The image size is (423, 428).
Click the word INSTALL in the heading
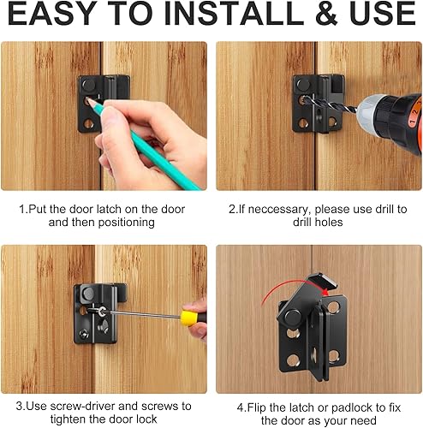tap(235, 13)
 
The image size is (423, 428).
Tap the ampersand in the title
tap(326, 13)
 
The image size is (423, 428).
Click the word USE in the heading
tap(382, 13)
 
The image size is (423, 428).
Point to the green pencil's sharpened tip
tap(89, 100)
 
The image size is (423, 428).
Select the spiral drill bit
tap(331, 104)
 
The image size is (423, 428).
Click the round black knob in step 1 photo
tap(89, 85)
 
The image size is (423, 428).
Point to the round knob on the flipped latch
tap(293, 317)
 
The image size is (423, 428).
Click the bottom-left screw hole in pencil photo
tap(88, 124)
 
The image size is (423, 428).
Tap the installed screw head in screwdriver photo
tap(84, 332)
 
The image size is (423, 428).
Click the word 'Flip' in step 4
tap(256, 407)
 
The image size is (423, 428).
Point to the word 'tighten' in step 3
tap(69, 419)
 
